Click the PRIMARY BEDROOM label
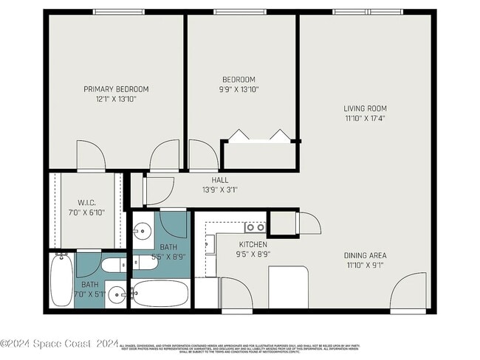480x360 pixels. pos(115,89)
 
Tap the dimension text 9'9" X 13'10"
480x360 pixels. pos(239,89)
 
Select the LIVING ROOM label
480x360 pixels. pos(365,108)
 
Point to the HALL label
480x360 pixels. pos(220,179)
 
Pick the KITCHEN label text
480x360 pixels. pos(253,244)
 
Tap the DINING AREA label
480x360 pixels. pos(365,256)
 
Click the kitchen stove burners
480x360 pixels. pos(255,228)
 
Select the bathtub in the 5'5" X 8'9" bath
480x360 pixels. pos(162,294)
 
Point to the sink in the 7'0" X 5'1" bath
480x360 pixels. pos(116,295)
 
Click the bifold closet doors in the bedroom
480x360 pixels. pos(258,136)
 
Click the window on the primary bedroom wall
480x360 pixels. pos(118,12)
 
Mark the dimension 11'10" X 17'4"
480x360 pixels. pos(365,118)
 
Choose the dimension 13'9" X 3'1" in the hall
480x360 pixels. pos(220,189)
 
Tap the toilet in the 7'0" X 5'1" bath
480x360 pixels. pos(114,266)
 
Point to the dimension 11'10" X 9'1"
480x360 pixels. pos(365,266)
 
